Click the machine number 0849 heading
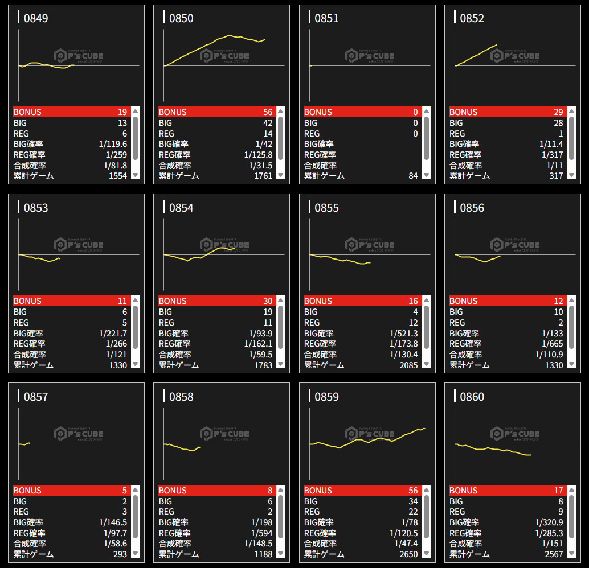[36, 18]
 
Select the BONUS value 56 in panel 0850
[268, 112]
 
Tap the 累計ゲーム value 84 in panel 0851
[413, 176]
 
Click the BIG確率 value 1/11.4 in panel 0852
[551, 144]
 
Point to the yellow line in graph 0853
[40, 258]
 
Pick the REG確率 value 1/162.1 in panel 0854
[258, 344]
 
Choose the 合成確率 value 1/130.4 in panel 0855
[403, 355]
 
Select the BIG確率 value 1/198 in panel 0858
[261, 522]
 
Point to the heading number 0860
[472, 397]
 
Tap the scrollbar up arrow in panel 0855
[426, 301]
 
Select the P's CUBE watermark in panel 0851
[370, 56]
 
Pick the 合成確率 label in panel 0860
[465, 544]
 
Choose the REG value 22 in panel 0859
[412, 512]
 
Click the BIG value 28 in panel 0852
[558, 123]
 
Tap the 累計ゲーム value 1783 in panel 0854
[263, 365]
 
